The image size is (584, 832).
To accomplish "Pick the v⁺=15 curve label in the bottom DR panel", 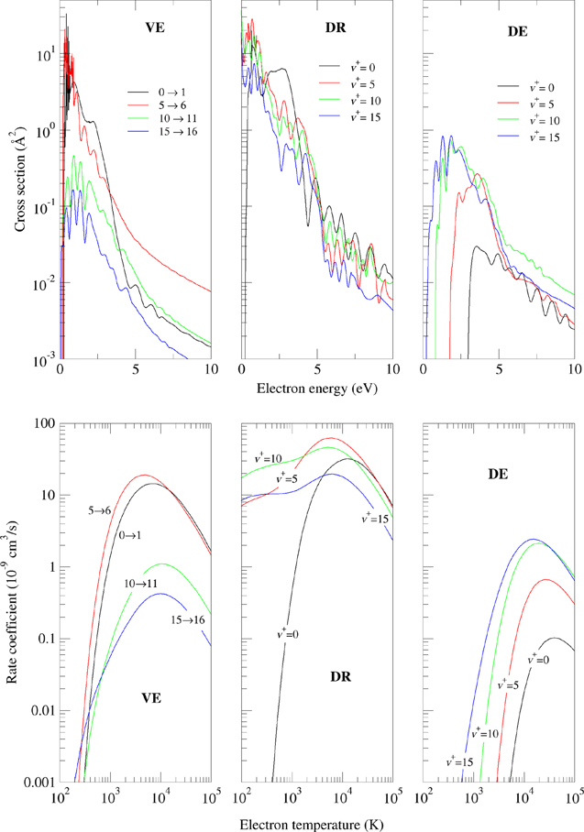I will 374,519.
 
